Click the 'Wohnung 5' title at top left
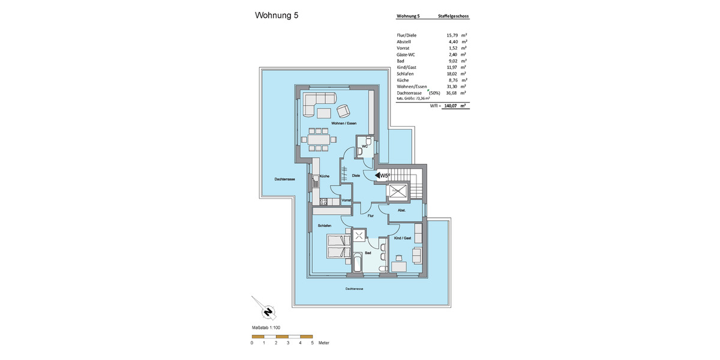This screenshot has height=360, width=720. point(277,16)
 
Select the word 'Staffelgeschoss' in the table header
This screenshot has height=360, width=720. point(454,16)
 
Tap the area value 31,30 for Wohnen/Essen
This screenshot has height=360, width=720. point(452,86)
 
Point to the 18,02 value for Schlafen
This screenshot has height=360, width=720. point(452,74)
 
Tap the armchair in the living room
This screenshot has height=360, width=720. point(344,110)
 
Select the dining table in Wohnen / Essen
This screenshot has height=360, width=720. point(319,139)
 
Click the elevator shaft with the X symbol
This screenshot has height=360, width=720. point(397,193)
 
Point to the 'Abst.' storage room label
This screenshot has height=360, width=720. point(402,211)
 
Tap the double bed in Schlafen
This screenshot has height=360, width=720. point(338,246)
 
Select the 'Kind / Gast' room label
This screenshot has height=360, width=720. point(402,238)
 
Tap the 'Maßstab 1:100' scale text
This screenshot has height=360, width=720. point(266,328)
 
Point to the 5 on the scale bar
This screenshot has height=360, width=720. point(312,343)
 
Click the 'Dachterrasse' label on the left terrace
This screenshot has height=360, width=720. point(284,179)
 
